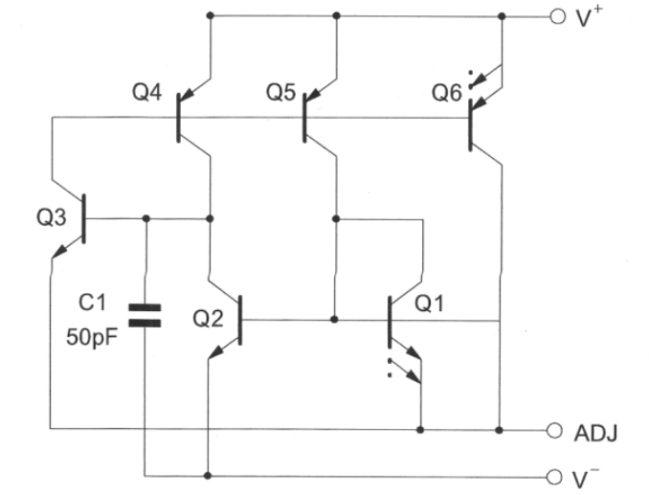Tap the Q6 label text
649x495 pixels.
click(x=446, y=94)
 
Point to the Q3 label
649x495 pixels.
click(x=52, y=217)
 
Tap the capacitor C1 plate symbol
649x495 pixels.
click(x=145, y=316)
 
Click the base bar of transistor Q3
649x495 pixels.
click(x=84, y=217)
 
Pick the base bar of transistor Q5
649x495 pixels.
click(x=305, y=118)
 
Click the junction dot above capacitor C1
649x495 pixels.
click(x=145, y=218)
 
